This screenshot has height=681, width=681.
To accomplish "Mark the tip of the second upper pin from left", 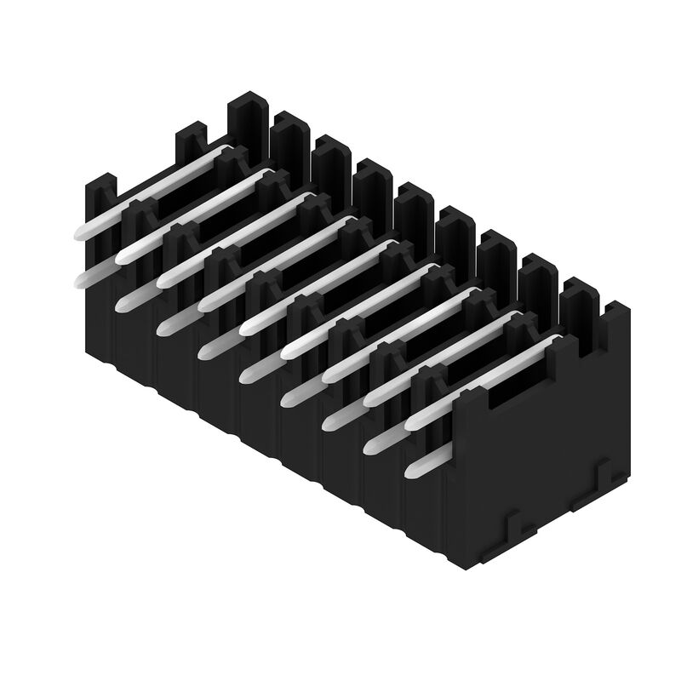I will pos(123,255).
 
